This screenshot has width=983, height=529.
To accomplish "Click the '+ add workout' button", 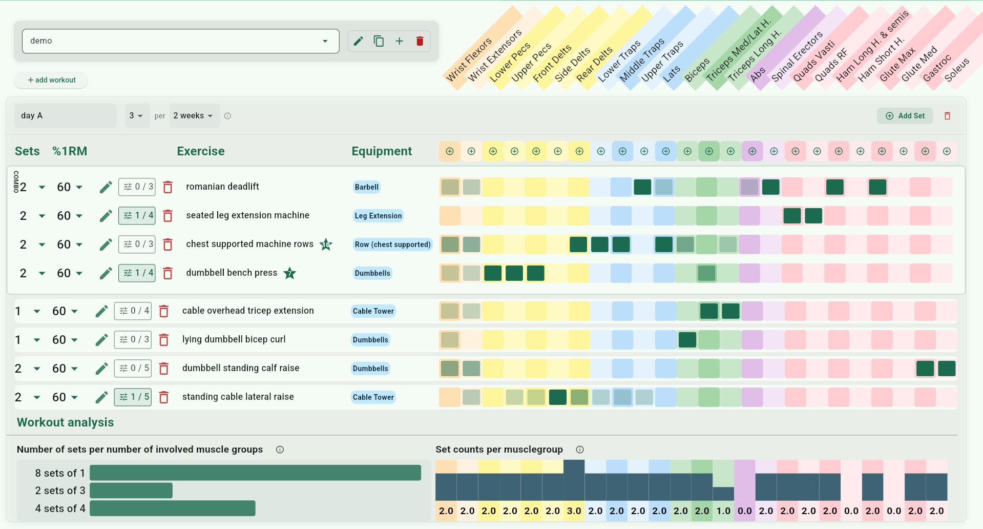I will pos(51,80).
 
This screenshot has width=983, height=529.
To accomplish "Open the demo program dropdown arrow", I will pos(325,41).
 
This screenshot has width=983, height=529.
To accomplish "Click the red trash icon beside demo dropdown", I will pos(420,41).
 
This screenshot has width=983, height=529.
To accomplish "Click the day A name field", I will pos(66,116).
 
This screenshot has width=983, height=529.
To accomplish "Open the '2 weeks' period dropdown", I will pos(194,116).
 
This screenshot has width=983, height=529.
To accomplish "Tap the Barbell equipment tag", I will pos(367,187).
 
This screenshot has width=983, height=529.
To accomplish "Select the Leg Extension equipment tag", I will pos(378,216).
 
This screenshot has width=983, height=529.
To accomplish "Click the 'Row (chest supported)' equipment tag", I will pos(392,245).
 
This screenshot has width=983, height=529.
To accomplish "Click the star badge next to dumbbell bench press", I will pos(290,273).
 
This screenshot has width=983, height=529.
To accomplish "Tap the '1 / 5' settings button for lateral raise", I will pos(133,397).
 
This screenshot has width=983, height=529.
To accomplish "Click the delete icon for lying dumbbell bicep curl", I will pos(164,340).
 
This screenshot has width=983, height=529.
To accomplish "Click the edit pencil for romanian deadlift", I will pos(106,187).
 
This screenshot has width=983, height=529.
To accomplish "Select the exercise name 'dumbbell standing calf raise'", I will pos(241,368).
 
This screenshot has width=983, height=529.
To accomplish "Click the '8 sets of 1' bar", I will pos(255,473).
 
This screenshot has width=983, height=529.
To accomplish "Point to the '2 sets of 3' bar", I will pos(131,491).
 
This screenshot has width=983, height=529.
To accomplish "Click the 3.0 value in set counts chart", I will pos(574,511).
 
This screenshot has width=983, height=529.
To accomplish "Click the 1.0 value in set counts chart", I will pos(723,511).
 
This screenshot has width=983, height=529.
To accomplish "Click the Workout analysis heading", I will pos(66,422).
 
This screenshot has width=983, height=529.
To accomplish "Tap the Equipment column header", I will pos(382,151).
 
